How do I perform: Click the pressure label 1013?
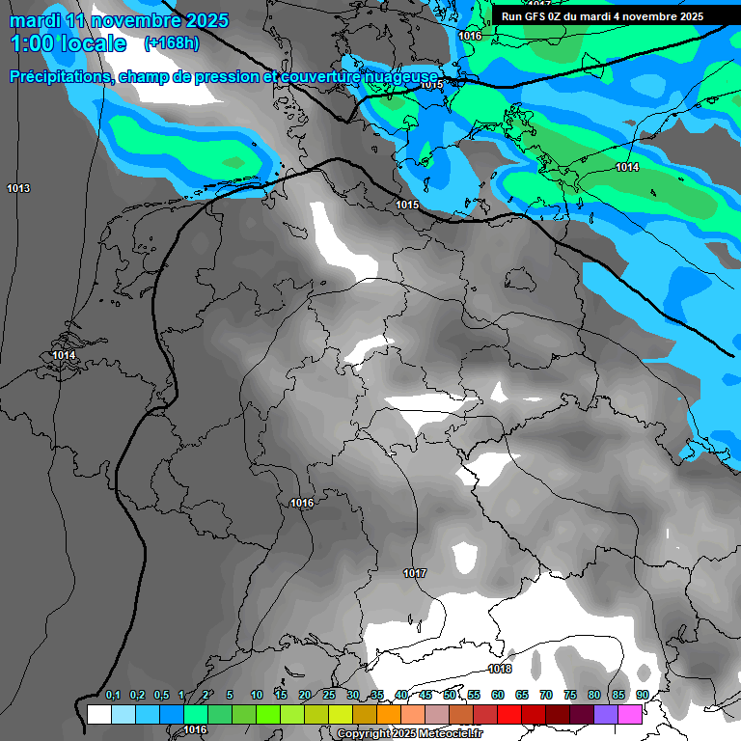[x=17, y=187]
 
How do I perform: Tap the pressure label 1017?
[x=415, y=573]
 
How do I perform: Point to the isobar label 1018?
[x=500, y=669]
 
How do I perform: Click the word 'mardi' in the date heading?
[x=35, y=20]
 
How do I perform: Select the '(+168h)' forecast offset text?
[x=172, y=43]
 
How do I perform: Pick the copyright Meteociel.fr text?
[x=410, y=734]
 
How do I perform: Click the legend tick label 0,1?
[x=113, y=696]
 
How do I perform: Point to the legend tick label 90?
[x=642, y=696]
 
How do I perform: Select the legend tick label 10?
[x=257, y=696]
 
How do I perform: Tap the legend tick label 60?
[x=498, y=696]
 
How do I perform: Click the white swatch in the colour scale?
[x=98, y=714]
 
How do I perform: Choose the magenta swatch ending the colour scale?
[x=630, y=714]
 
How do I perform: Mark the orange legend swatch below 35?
[x=389, y=714]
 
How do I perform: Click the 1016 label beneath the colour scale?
[x=196, y=729]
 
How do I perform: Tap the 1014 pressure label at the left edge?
[x=64, y=356]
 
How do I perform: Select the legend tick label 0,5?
[x=161, y=696]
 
